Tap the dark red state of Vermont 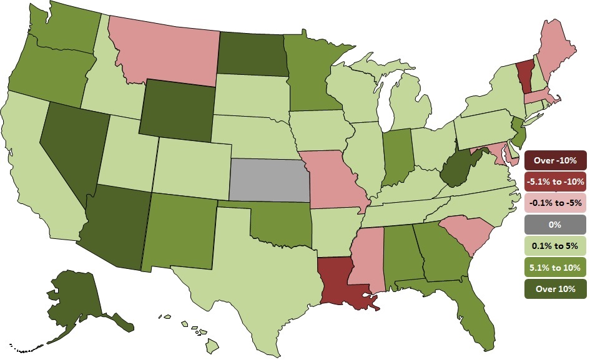pyautogui.click(x=525, y=74)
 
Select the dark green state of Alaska pyautogui.click(x=81, y=299)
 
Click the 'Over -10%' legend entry pyautogui.click(x=556, y=160)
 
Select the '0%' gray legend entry pyautogui.click(x=556, y=224)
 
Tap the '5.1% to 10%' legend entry pyautogui.click(x=556, y=266)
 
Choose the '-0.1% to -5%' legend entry pyautogui.click(x=556, y=203)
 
